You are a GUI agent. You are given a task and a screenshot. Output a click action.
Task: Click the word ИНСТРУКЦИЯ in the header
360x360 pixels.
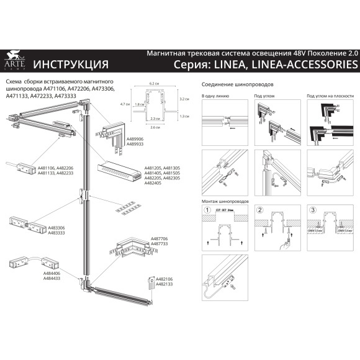pos(70,64)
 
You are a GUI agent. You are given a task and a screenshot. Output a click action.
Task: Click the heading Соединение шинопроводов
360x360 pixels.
pos(238,84)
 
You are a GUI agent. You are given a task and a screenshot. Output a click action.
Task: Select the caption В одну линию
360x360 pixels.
pos(215,96)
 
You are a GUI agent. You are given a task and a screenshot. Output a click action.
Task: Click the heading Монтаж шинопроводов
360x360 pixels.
pos(226,202)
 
